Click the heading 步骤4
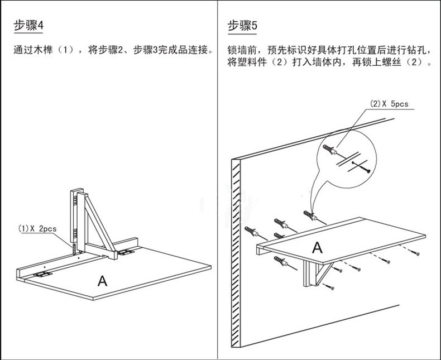[x=28, y=26]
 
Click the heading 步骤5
[x=242, y=26]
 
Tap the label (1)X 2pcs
[x=37, y=228]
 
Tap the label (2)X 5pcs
[x=389, y=104]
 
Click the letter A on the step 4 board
[x=102, y=280]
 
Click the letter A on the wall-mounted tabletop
[x=317, y=247]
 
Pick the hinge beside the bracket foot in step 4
[x=127, y=253]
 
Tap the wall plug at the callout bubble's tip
[x=310, y=215]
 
